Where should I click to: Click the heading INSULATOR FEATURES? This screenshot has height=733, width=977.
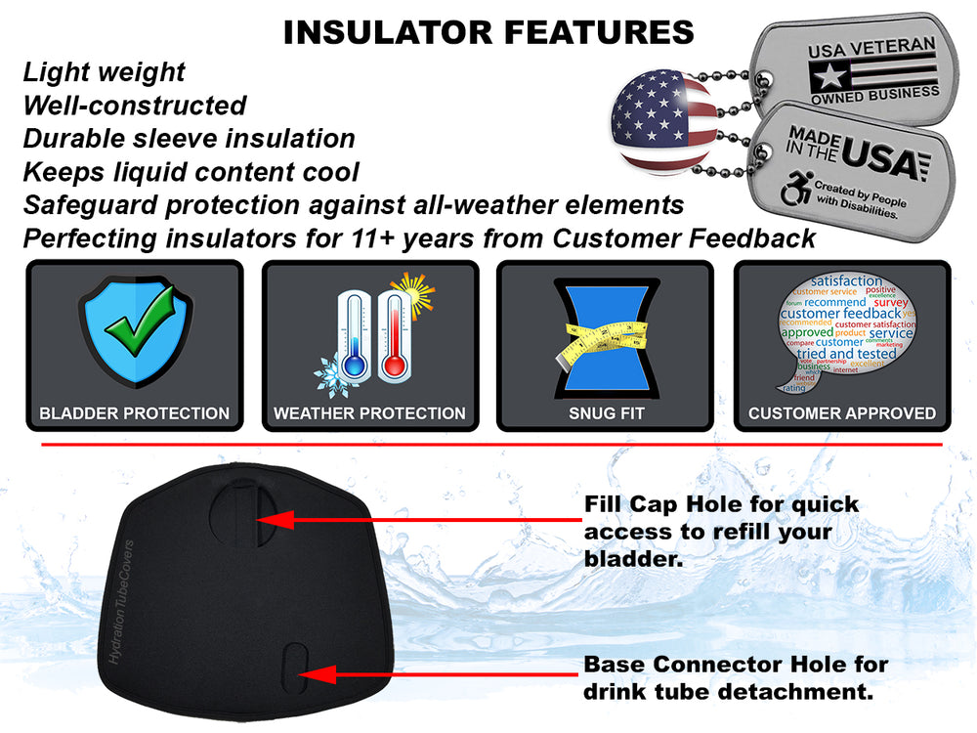[488, 31]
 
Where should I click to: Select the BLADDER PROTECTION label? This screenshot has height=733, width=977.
[135, 413]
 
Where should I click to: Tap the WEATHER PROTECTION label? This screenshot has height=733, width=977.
[369, 413]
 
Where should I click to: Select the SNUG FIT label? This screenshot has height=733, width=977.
[606, 413]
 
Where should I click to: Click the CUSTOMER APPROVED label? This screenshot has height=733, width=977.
[841, 413]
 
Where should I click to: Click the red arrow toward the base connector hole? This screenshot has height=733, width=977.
[440, 673]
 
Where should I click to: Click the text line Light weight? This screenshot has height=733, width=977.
[104, 72]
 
